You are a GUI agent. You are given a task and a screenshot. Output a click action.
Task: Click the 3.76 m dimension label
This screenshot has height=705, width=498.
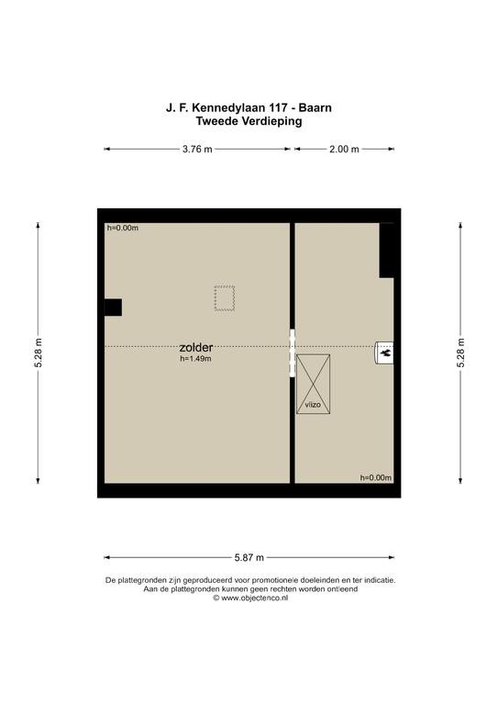point(197,150)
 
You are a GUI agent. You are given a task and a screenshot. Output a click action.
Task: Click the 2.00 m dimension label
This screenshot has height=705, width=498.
point(344,150)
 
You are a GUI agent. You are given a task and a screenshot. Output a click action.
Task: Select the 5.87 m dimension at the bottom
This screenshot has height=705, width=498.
point(249,557)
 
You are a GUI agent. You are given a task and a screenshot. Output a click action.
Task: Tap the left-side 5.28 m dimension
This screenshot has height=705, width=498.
point(39,352)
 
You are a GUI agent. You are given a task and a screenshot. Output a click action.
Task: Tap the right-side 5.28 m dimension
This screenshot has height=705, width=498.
point(460,352)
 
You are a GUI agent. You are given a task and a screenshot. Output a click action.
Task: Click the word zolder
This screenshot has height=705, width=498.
point(195,347)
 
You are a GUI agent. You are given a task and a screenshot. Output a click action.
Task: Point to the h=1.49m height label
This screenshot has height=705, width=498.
point(195,359)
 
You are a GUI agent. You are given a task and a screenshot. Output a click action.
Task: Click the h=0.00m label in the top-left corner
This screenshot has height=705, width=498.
point(123,228)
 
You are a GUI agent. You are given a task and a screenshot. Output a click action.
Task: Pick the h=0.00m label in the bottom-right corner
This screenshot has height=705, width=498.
point(376,477)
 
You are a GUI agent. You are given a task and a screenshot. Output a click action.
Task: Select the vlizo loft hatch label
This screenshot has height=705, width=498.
point(313,405)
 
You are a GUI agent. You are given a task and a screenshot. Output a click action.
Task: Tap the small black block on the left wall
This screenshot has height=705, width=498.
point(113,308)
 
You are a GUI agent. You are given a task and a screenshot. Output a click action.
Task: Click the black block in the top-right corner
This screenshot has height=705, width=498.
point(387,251)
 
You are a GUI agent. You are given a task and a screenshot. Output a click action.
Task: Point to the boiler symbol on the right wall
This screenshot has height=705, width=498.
point(384,352)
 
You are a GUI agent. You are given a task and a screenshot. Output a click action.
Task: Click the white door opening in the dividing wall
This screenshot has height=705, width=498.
point(293,352)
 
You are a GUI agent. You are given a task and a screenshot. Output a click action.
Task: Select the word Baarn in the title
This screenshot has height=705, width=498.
point(315,108)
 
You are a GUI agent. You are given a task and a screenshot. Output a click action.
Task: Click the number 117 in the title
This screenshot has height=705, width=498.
point(278,108)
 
